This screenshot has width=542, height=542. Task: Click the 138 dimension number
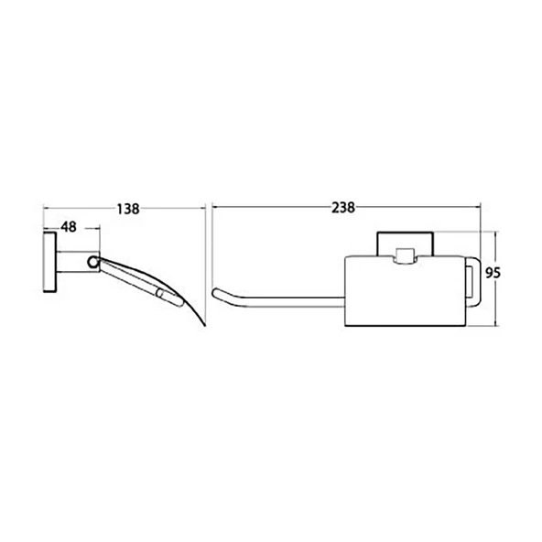128,209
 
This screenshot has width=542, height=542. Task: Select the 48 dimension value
69,227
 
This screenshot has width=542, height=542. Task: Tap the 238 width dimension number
343,208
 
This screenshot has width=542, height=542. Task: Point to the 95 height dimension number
493,273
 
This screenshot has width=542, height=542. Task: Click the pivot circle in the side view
93,262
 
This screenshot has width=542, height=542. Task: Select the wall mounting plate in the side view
49,263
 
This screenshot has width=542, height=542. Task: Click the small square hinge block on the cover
405,255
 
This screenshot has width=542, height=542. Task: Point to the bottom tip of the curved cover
204,325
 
